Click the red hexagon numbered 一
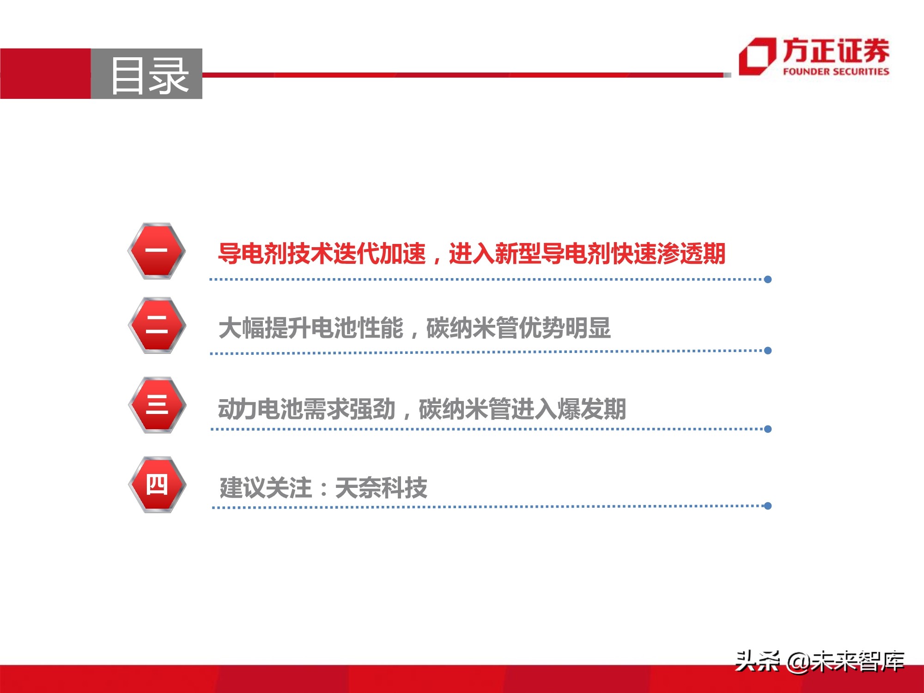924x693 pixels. pos(157,251)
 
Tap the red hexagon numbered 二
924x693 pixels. pos(157,325)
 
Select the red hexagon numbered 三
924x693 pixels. pos(157,405)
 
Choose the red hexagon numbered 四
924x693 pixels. pos(157,485)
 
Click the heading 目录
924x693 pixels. pos(149,75)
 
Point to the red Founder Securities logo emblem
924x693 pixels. pos(756,56)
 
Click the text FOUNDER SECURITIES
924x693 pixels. pos(836,72)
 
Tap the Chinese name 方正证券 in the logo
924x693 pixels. pos(836,51)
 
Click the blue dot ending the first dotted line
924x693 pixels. pos(768,280)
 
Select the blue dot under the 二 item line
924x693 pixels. pos(768,351)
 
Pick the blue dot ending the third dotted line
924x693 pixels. pos(768,429)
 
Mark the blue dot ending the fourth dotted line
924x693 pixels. pos(768,506)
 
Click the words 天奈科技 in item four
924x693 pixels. pos(381,488)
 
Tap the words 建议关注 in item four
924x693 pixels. pos(266,488)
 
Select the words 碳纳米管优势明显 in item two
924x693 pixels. pos(518,328)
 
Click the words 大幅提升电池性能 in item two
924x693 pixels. pos(311,328)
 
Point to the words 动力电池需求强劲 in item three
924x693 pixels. pos(307,409)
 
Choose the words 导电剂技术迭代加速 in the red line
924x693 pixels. pos(322,254)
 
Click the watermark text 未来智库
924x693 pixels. pos(858,662)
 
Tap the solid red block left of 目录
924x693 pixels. pos(45,73)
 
